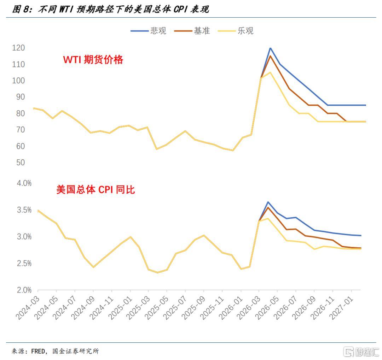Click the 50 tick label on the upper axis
pos(20,163)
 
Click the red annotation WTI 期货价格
pos(93,60)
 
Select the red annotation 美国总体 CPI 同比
pos(95,190)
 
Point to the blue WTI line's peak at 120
pos(270,48)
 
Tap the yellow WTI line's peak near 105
pos(270,72)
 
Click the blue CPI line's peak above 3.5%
pos(268,202)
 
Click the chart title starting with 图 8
pos(110,10)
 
